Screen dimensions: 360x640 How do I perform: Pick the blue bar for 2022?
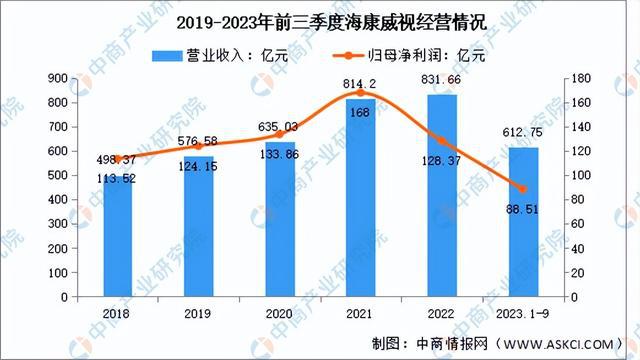pyautogui.click(x=442, y=196)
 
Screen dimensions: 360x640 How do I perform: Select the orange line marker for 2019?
pyautogui.click(x=199, y=146)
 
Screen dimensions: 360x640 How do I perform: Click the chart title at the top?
pyautogui.click(x=320, y=21)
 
